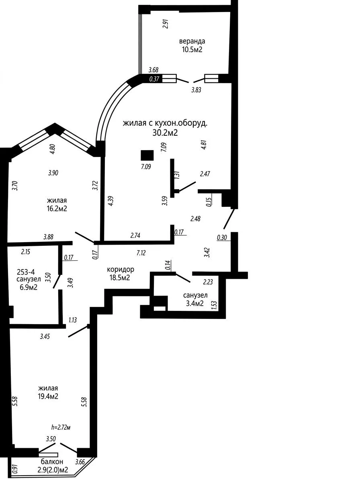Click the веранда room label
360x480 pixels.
tap(192, 41)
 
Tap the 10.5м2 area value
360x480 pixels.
tap(192, 49)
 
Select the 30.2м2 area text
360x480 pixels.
tap(165, 133)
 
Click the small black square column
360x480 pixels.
tap(147, 155)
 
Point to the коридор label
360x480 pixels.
tap(121, 270)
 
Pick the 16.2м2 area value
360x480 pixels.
tap(57, 209)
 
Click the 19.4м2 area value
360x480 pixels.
tap(48, 396)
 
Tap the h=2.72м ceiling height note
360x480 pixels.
tap(61, 427)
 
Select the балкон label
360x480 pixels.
tap(52, 462)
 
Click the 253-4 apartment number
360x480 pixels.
tap(26, 272)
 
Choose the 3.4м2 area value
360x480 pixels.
tap(195, 304)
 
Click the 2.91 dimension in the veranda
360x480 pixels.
tap(166, 24)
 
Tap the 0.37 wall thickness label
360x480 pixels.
tap(154, 79)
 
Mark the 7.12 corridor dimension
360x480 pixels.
tap(141, 253)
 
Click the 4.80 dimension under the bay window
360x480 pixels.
tap(53, 149)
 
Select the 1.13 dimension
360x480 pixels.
tap(73, 320)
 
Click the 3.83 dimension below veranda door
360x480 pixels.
tap(196, 90)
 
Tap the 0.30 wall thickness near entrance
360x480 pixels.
tap(222, 237)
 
